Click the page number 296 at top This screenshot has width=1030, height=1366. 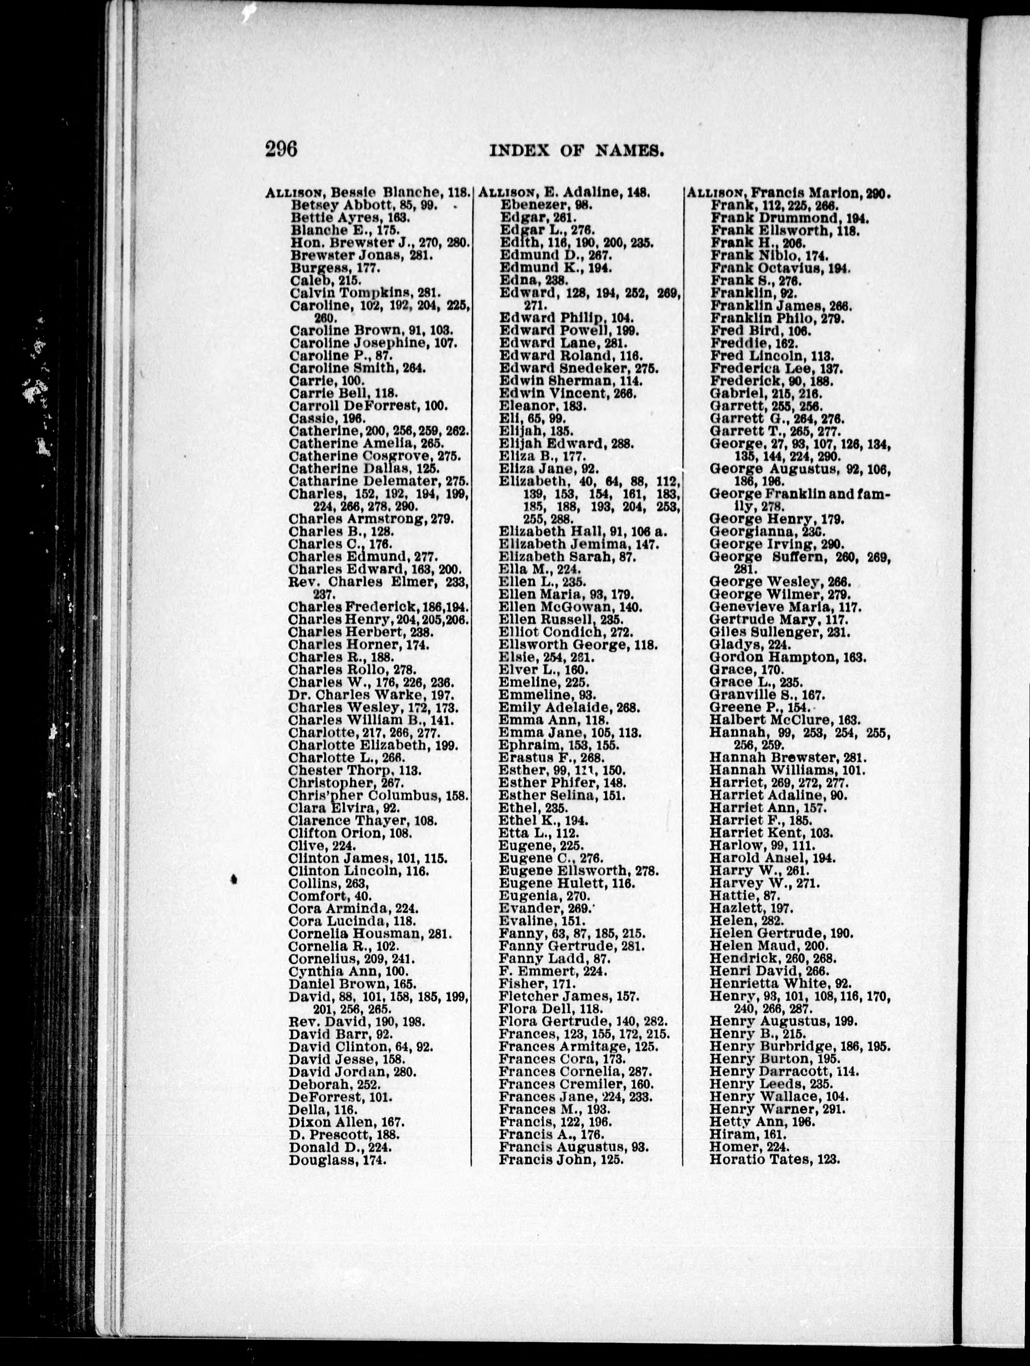coord(282,149)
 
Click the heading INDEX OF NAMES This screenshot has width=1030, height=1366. coord(576,151)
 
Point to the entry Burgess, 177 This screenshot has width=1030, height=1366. coord(335,268)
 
